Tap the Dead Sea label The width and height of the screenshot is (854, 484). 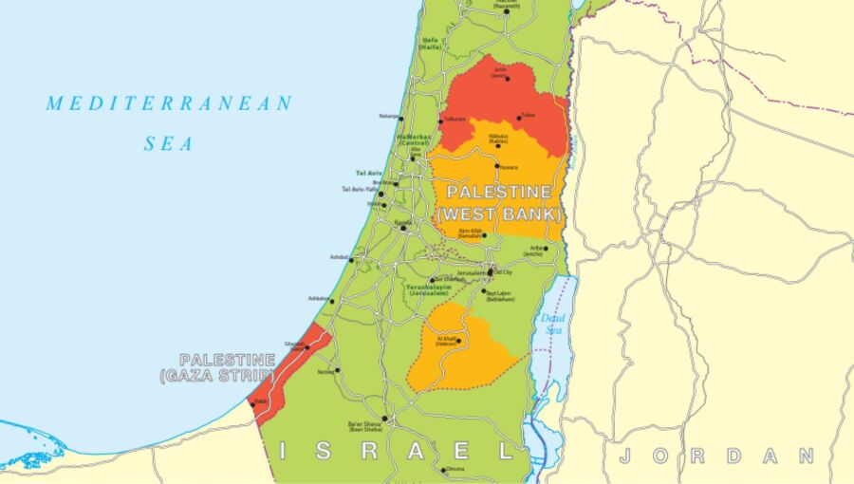pos(552,323)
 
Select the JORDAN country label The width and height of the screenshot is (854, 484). pos(715,456)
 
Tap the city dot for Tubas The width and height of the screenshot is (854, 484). pos(519,119)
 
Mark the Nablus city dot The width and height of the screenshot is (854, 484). pos(498,145)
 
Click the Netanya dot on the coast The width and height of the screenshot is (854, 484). pos(401,119)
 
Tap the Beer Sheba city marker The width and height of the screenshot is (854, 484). pos(384,419)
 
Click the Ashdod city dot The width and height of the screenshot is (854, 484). pos(351,259)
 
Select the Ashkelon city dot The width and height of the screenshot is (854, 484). pos(331,301)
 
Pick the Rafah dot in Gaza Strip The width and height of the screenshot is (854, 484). pos(253,404)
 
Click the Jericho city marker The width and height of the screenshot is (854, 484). pos(546,249)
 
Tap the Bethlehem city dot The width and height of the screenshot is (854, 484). pos(484,291)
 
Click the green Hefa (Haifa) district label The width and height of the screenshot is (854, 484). pos(431,44)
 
